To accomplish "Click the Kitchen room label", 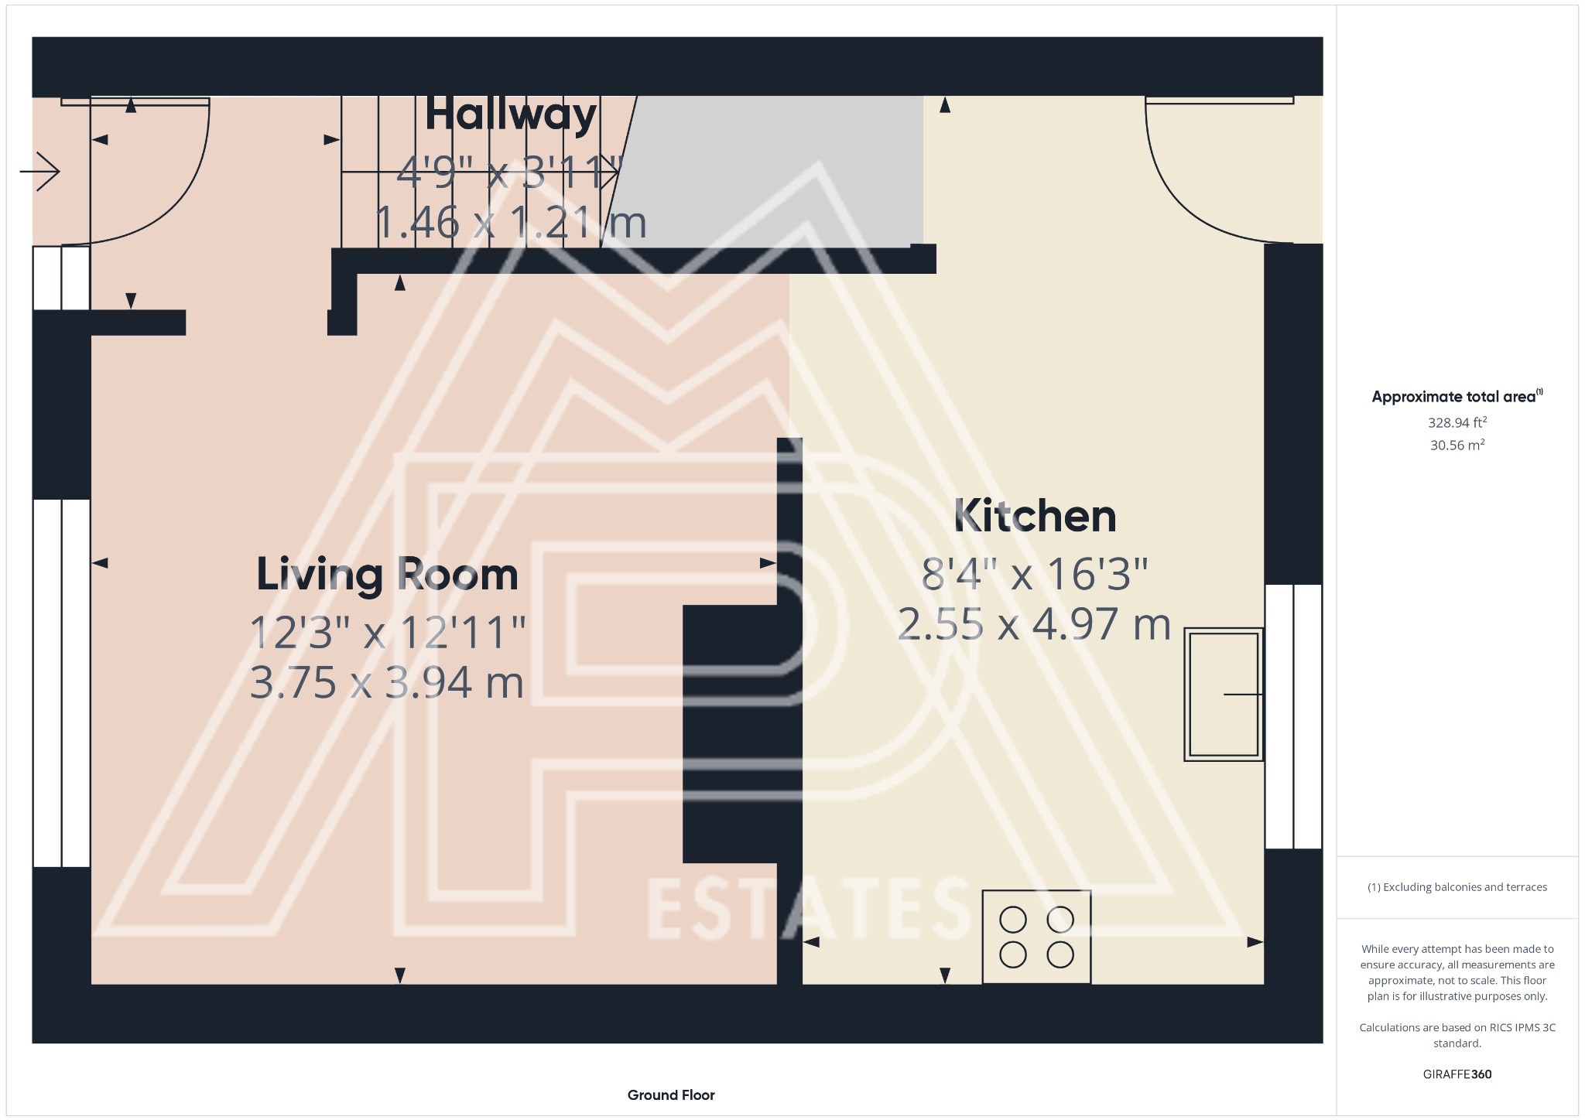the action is tap(1035, 516).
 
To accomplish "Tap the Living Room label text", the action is tap(387, 575).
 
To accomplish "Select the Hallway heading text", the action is tap(511, 114).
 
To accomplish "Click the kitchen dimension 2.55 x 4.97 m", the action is tap(1034, 624).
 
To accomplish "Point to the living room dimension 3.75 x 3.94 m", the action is tap(387, 683).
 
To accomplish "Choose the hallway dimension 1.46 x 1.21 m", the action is tap(511, 223).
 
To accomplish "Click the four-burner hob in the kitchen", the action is tap(1036, 937).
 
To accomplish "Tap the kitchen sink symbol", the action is tap(1224, 694).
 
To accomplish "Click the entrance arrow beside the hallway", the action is tap(40, 171).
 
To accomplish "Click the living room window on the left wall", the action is tap(62, 683).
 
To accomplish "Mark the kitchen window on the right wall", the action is tap(1293, 716).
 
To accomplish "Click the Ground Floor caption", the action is tap(671, 1094).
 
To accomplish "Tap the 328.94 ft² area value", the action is tap(1457, 422).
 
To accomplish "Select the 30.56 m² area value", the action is tap(1457, 445).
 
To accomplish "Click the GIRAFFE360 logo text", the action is tap(1457, 1074).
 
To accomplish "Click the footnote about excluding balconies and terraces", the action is tap(1457, 887).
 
